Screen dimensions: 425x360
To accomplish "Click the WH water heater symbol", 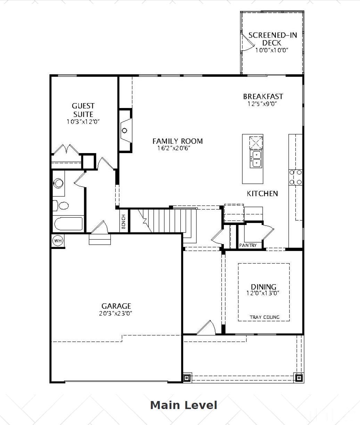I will click(58, 240).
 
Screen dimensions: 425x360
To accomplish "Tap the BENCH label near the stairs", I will click(124, 221).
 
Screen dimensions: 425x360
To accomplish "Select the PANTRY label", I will click(248, 245).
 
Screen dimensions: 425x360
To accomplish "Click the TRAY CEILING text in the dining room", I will click(264, 317).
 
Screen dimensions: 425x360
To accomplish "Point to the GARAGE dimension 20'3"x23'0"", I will click(116, 314).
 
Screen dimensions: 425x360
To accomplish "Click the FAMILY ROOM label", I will click(178, 141).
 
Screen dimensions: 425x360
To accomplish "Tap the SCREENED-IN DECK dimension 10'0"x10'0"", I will click(272, 50).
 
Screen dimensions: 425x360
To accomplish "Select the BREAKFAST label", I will click(263, 96).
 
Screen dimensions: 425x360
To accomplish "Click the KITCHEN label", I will click(262, 193).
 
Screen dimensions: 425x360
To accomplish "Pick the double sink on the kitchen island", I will click(256, 159).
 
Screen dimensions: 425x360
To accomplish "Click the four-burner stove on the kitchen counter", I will click(295, 177).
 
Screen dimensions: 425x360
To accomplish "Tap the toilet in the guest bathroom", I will click(61, 206).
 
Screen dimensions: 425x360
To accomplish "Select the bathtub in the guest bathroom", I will click(68, 224).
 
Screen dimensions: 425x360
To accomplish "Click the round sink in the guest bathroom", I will click(58, 183).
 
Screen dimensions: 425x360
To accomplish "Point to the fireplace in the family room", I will click(125, 131).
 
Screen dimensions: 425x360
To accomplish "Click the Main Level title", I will click(183, 405).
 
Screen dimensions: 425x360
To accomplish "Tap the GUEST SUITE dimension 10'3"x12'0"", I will click(83, 122).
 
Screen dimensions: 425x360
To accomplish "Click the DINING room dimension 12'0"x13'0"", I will click(263, 293).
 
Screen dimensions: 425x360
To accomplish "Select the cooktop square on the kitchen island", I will click(256, 142).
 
